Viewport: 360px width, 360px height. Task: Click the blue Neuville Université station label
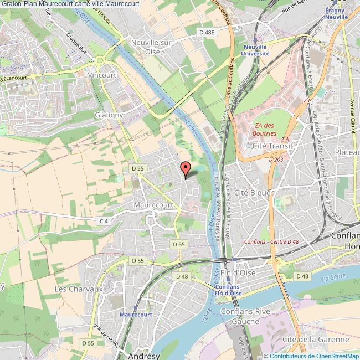pos(255,51)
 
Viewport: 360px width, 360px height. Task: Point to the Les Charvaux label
pos(79,289)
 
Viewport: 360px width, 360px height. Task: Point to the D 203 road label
pos(275,160)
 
